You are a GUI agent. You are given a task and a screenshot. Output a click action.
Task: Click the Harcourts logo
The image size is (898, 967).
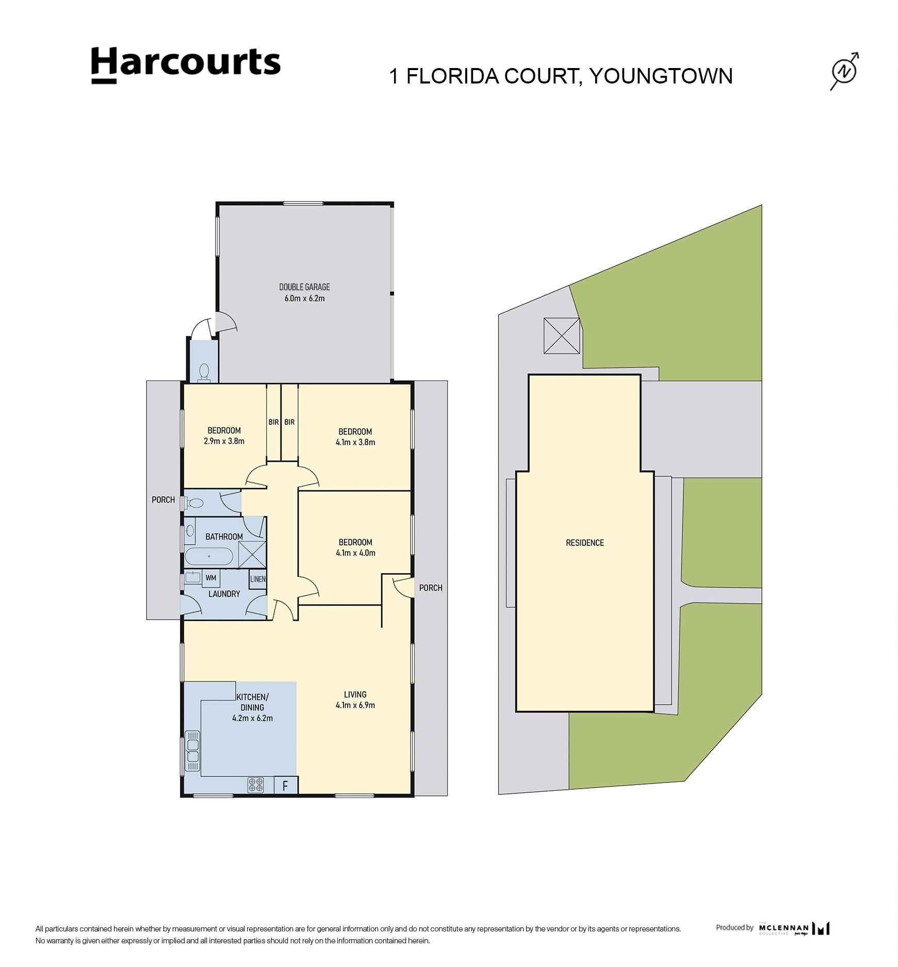click(x=186, y=65)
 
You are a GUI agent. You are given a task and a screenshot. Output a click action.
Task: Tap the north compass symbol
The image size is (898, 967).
click(x=844, y=71)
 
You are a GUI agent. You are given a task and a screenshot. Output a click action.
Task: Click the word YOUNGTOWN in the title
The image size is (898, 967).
click(x=661, y=76)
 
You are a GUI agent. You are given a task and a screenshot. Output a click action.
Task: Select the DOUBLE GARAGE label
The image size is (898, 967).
click(x=304, y=287)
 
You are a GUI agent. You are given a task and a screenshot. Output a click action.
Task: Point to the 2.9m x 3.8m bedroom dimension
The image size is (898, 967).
click(x=224, y=441)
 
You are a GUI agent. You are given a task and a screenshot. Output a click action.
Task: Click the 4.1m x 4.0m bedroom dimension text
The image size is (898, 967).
click(x=355, y=553)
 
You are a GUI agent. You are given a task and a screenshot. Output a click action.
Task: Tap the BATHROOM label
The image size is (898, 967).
click(x=224, y=537)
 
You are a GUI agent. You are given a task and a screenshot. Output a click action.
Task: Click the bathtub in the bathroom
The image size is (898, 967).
click(x=209, y=557)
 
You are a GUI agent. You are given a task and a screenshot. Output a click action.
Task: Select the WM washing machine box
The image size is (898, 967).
click(x=211, y=578)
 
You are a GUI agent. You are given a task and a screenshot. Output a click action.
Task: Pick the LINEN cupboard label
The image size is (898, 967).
click(x=258, y=579)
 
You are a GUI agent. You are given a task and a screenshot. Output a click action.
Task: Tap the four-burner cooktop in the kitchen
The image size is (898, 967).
click(x=255, y=785)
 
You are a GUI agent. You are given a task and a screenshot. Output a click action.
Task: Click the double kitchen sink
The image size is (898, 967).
click(x=192, y=751)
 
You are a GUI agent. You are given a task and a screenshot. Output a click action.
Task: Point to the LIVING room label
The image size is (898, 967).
click(x=355, y=694)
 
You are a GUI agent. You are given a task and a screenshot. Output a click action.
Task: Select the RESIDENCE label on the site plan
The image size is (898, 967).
click(x=585, y=543)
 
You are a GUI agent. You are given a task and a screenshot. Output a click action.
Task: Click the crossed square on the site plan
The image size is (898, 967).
click(x=562, y=336)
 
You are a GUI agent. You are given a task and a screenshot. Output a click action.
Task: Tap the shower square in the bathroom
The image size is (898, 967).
click(x=252, y=555)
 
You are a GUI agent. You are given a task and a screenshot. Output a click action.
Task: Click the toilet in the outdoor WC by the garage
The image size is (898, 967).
click(x=204, y=372)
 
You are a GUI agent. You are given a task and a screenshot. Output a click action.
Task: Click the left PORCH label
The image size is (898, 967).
click(x=163, y=499)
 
